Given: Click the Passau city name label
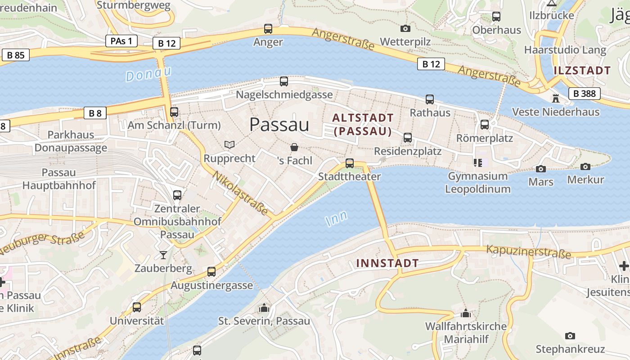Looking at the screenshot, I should pos(279,125).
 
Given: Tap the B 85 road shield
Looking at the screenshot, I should pos(15,55).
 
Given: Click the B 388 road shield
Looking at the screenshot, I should pos(585,94).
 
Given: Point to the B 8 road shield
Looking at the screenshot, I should pos(95,113).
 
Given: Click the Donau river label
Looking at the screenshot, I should pos(148,73).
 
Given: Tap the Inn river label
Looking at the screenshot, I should pos(336,219).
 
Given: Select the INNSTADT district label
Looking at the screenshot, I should pos(387,263).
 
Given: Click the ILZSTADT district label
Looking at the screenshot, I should pos(582,70).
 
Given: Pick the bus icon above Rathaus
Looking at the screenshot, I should pos(430,99).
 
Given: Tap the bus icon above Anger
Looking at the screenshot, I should pos(268,29).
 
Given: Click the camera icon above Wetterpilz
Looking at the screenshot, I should pos(405,29).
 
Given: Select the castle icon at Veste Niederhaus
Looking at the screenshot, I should pos(556,98).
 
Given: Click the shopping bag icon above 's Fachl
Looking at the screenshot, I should pos(294,147).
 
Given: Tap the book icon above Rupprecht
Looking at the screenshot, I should pos(229,145).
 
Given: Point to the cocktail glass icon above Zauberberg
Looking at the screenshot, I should pos(163,255).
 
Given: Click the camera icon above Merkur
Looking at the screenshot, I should pos(585,167).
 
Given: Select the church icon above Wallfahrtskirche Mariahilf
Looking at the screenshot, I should pos(466,313).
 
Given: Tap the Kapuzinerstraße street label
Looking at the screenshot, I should pos(528,252).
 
